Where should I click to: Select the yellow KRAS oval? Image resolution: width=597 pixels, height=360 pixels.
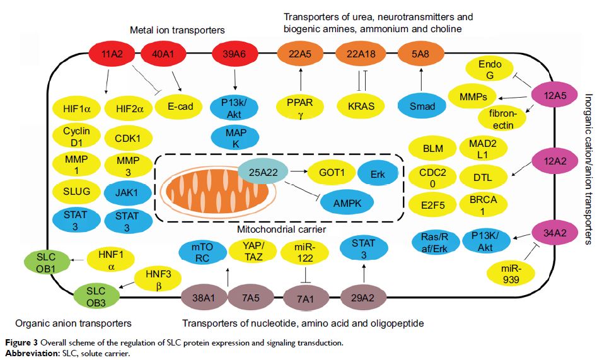tap(361, 106)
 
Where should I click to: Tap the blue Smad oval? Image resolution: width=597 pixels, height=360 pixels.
tap(422, 106)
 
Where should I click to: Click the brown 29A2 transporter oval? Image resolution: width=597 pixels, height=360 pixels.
tap(362, 296)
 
